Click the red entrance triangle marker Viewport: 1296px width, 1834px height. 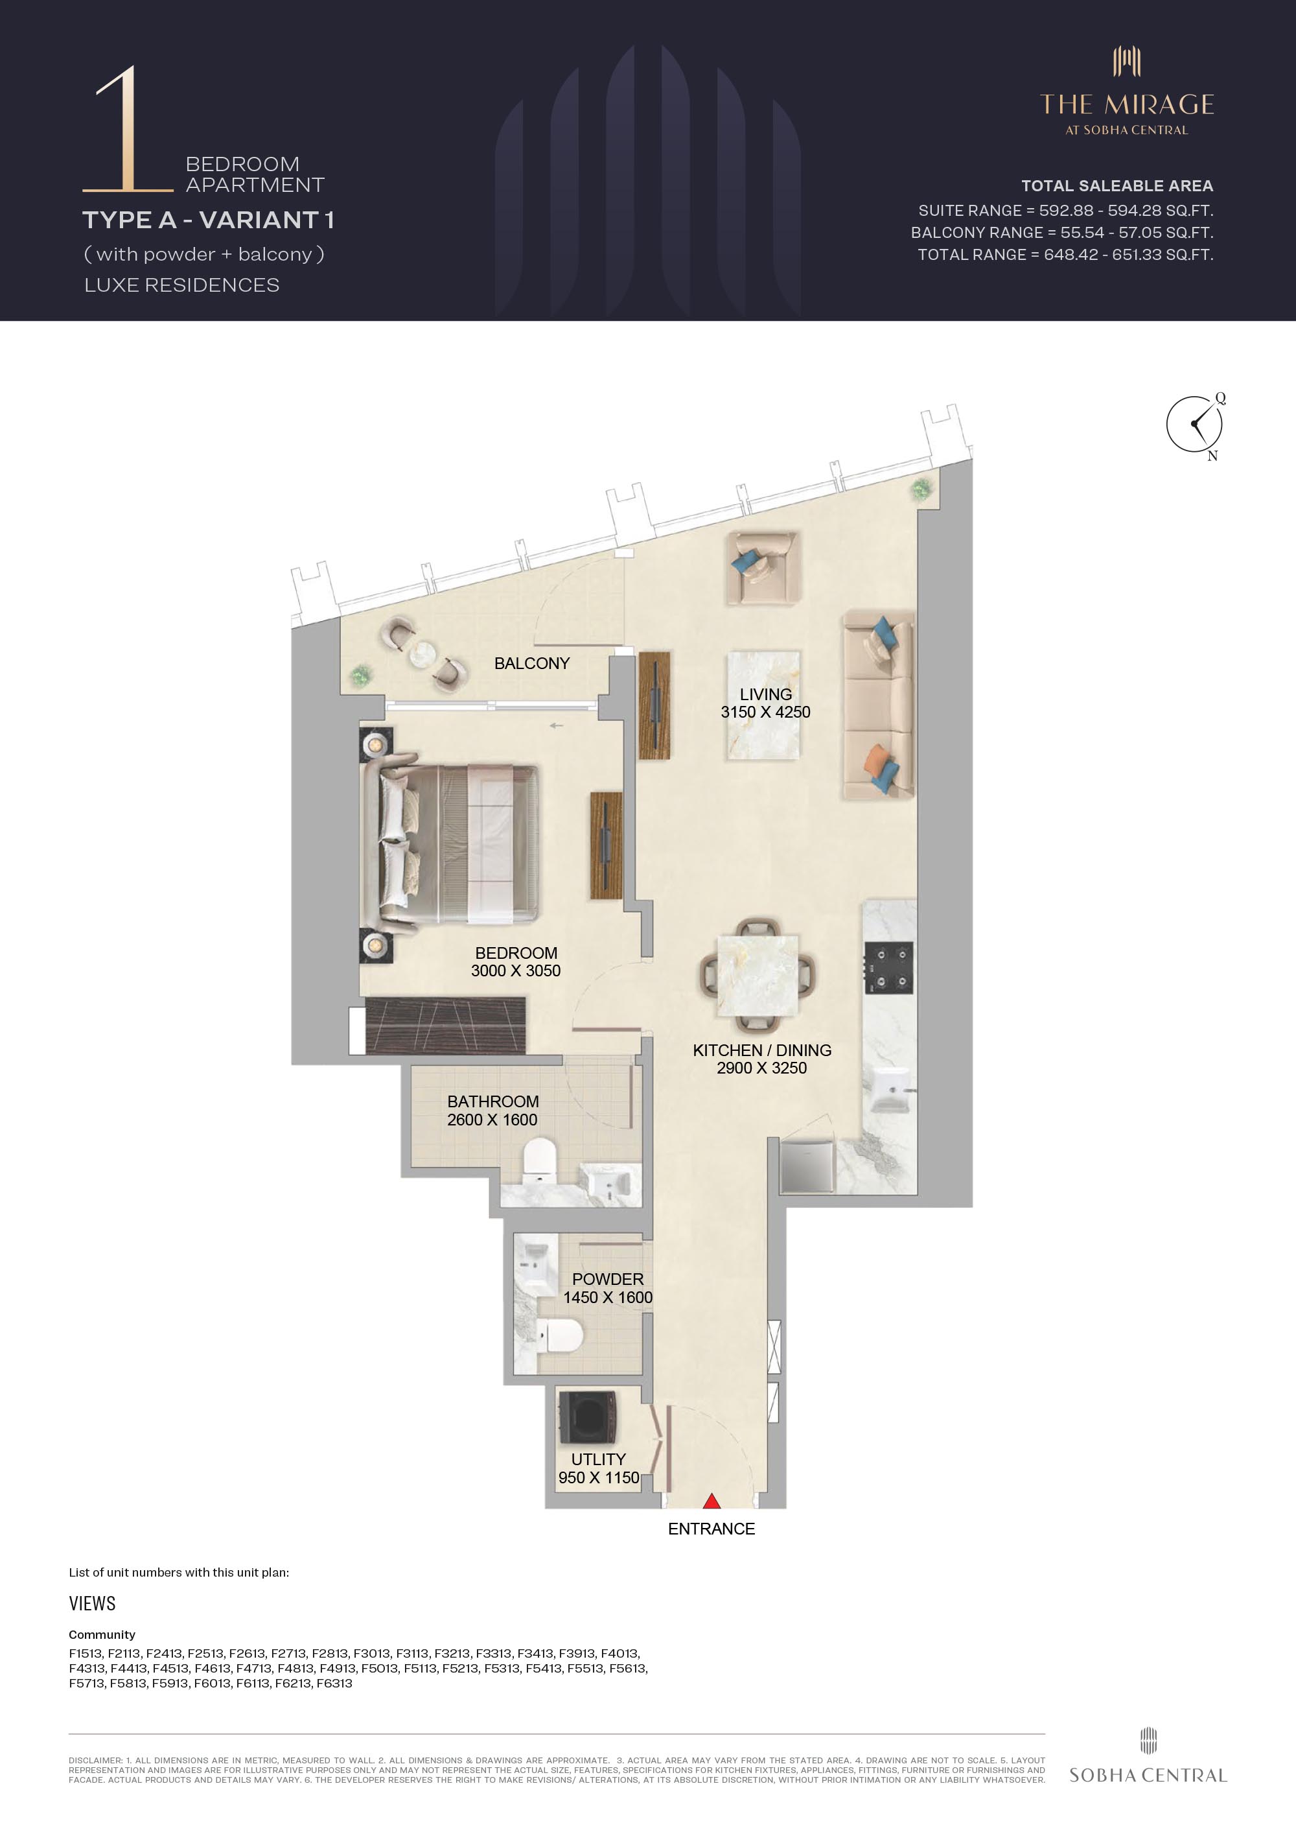(712, 1501)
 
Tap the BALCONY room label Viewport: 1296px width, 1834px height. (532, 663)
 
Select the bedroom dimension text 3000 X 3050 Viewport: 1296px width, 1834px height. (516, 970)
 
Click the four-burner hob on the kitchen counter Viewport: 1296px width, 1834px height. (889, 967)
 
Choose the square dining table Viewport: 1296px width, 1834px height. (757, 975)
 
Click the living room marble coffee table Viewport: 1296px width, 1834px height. (763, 706)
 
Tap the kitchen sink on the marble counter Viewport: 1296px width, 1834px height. (890, 1090)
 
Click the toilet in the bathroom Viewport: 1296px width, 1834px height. (539, 1159)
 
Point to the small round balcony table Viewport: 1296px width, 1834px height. (422, 654)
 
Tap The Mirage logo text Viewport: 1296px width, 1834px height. (1127, 104)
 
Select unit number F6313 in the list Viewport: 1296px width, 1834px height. (334, 1683)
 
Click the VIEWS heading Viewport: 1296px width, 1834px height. (92, 1603)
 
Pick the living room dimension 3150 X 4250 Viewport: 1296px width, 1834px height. (765, 712)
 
